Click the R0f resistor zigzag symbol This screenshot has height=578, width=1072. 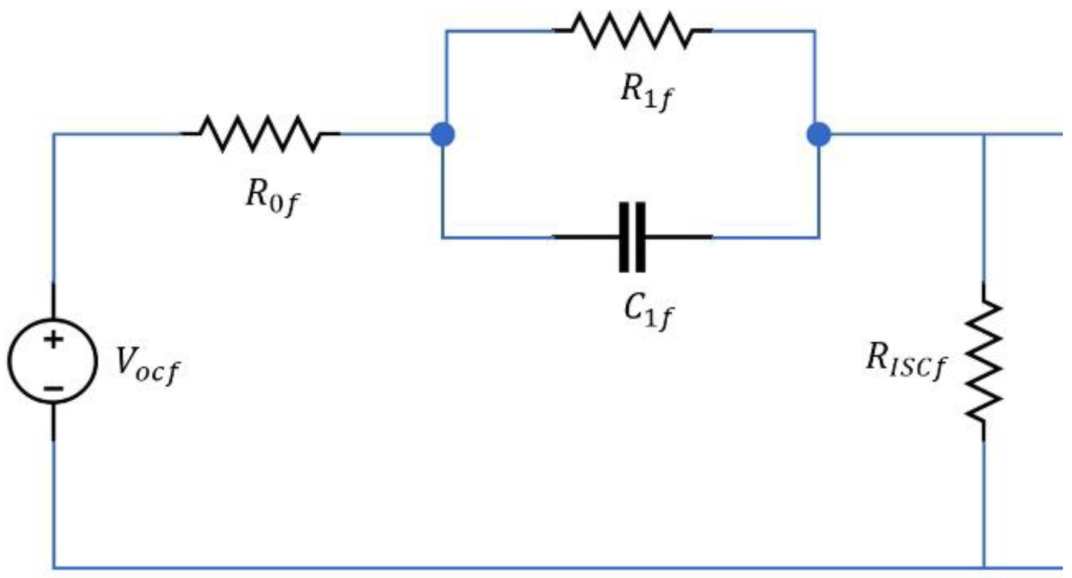[260, 134]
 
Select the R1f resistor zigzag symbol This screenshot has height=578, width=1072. [632, 30]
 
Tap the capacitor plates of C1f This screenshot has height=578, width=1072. [632, 237]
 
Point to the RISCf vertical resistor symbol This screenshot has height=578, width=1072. [984, 361]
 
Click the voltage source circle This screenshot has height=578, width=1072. [53, 361]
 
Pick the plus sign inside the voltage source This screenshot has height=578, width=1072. [53, 339]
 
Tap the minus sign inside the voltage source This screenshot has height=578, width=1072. [53, 388]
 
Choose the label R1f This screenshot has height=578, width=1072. [646, 93]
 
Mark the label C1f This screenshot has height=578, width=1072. [648, 311]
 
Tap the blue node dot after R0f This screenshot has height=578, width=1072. [443, 134]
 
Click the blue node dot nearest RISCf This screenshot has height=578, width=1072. [819, 134]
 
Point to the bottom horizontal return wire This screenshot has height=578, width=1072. [514, 568]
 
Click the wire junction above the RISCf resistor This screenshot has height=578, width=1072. [984, 134]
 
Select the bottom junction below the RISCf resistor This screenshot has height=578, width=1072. [984, 568]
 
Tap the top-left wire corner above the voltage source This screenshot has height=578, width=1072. [54, 134]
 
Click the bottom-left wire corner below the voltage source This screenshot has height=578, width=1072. [54, 568]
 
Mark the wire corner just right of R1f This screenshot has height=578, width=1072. [814, 31]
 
